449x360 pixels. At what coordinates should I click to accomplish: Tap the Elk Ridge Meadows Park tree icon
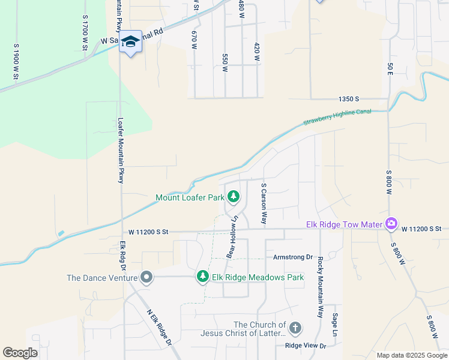click(x=203, y=277)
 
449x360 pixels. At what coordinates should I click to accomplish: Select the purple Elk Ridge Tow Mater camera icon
click(x=391, y=224)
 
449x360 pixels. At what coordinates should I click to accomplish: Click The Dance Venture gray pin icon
click(x=146, y=277)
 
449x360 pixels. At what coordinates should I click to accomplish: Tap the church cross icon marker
click(x=295, y=328)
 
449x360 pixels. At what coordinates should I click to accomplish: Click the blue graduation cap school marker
click(x=130, y=42)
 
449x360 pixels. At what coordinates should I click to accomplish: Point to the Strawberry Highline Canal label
click(x=337, y=116)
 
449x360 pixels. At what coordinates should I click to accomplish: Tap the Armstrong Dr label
click(x=294, y=257)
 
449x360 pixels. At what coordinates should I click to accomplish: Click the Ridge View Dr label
click(x=306, y=346)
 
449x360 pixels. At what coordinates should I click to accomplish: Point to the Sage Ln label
click(x=335, y=324)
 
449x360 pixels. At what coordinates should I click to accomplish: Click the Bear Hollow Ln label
click(x=231, y=236)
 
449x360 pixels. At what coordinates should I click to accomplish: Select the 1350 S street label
click(x=348, y=98)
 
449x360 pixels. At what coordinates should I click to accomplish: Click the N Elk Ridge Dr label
click(x=160, y=327)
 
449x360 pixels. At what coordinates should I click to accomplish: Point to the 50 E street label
click(x=390, y=68)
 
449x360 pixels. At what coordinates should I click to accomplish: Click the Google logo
click(x=20, y=352)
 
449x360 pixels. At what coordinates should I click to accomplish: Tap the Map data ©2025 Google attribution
click(x=412, y=355)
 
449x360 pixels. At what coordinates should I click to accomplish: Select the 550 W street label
click(x=225, y=62)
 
